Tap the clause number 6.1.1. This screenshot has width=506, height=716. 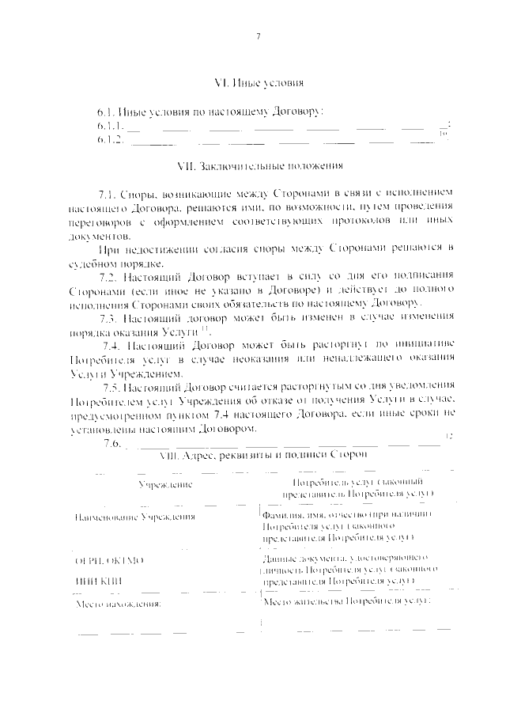pos(109,127)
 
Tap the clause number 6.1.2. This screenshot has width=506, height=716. pos(109,140)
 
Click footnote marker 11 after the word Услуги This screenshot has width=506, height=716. pos(162,330)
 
